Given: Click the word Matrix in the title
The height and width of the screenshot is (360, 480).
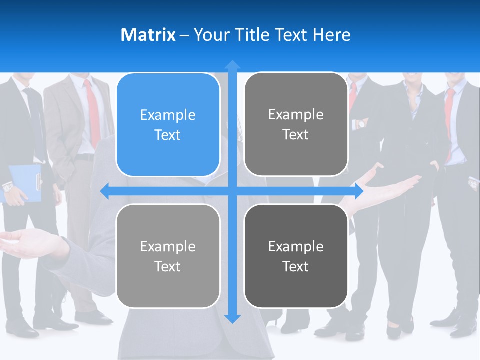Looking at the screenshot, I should (148, 35).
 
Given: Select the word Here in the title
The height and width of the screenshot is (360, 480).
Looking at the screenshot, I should (332, 35).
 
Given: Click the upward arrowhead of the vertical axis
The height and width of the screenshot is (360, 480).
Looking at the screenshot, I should (232, 65).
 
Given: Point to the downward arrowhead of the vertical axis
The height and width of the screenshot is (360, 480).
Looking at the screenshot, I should (232, 318).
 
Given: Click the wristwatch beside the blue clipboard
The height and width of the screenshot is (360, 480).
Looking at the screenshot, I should (8, 188).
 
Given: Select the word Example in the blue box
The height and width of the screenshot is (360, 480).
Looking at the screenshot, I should (168, 115).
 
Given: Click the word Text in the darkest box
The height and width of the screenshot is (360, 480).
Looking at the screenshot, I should (296, 266).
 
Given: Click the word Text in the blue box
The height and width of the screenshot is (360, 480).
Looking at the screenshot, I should (168, 135).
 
